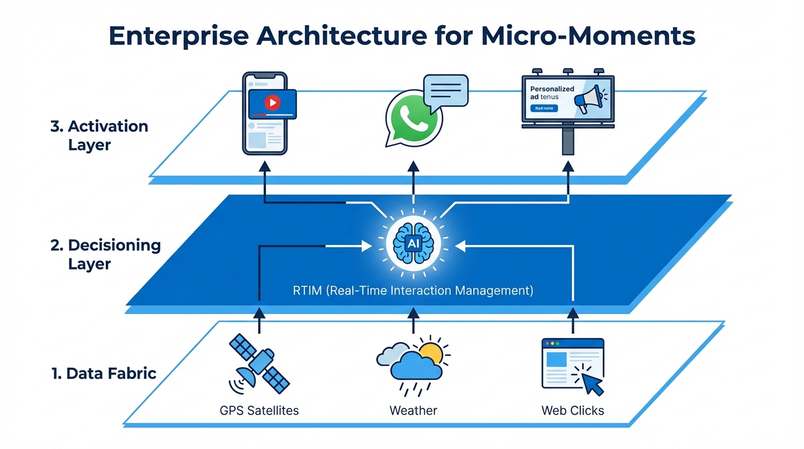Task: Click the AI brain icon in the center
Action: click(413, 241)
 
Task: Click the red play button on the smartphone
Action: click(272, 103)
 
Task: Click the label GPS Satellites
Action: click(259, 410)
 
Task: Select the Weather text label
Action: click(413, 410)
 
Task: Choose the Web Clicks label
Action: click(573, 410)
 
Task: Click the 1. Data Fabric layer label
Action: click(104, 373)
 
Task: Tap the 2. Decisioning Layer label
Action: click(106, 254)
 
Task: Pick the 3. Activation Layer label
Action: click(99, 135)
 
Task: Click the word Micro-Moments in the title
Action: click(588, 36)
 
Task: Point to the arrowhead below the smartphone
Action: click(265, 166)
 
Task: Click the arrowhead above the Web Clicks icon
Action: click(573, 314)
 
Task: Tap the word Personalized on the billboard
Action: click(552, 89)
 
